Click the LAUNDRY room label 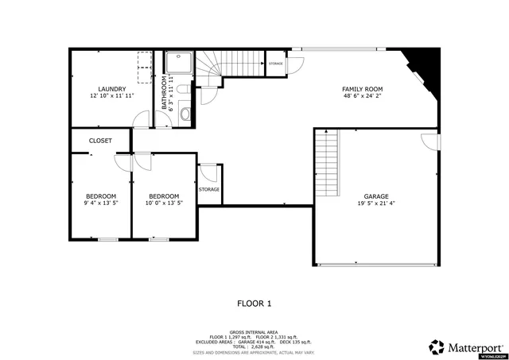[111, 88]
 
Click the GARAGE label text [376, 195]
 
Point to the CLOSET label [100, 141]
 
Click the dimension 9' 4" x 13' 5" [101, 203]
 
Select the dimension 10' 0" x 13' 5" [163, 203]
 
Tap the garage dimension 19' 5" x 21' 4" [376, 203]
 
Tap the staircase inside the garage [327, 163]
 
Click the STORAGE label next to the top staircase [276, 63]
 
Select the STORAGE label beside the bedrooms [209, 190]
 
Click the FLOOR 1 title [254, 303]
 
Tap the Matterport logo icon [437, 346]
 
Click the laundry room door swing [141, 119]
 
